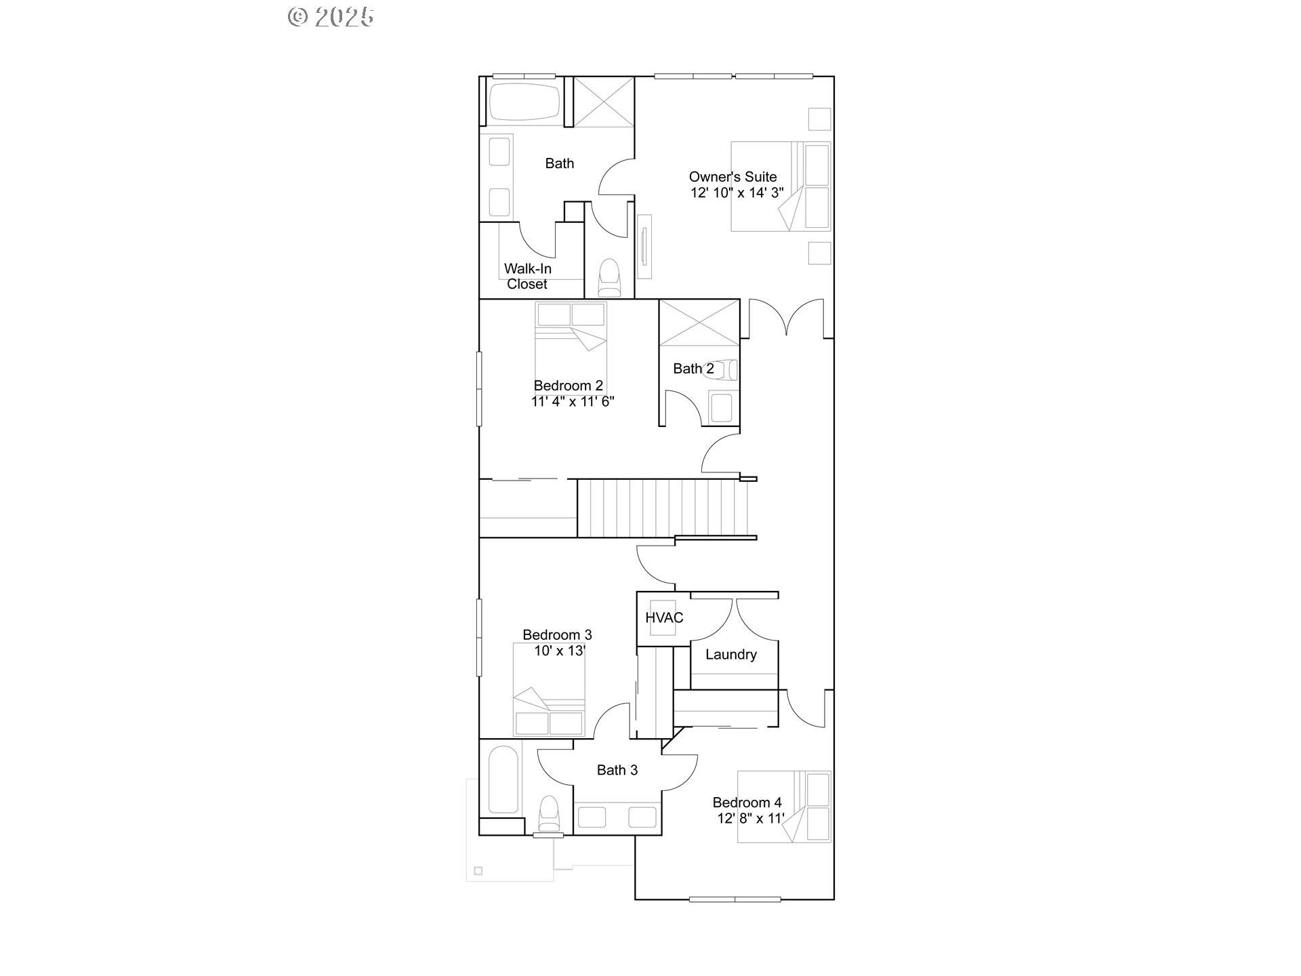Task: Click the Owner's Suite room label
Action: coord(732,177)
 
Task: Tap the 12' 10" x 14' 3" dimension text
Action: coord(737,192)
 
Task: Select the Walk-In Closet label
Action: coord(527,277)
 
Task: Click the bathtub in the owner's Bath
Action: coord(525,102)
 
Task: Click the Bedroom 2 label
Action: coord(568,386)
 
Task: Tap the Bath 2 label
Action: coord(693,369)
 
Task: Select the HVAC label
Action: coord(664,617)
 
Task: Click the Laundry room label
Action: coord(730,655)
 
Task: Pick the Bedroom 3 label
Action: coord(557,635)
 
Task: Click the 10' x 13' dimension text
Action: coord(560,651)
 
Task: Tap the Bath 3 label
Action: coord(617,770)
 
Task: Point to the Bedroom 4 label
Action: coord(747,802)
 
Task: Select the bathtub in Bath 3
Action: coord(503,779)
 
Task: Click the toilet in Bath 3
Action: coord(548,813)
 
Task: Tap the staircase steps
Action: coord(664,508)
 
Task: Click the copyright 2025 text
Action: coord(331,17)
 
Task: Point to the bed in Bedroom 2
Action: coord(571,346)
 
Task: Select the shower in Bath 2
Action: coord(699,323)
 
